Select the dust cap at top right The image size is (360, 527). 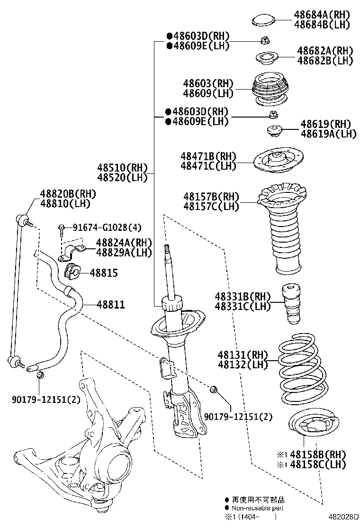click(264, 20)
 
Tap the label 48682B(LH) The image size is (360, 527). click(325, 61)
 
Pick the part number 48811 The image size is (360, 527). click(111, 304)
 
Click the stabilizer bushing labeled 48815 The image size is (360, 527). click(71, 271)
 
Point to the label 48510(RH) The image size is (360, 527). click(123, 167)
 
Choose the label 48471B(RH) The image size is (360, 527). click(208, 156)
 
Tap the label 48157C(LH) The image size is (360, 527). click(211, 206)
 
